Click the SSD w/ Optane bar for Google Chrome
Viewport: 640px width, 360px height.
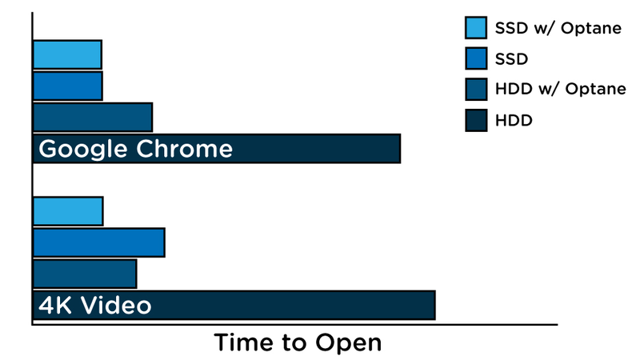coord(67,54)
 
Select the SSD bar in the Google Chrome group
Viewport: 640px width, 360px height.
coord(68,86)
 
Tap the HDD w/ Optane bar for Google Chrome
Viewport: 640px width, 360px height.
coord(93,117)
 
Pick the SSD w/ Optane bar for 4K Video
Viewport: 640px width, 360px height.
coord(68,211)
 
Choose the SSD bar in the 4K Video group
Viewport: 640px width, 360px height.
coord(99,242)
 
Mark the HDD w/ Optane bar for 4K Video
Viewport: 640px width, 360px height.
coord(85,274)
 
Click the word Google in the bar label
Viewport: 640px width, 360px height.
coord(83,150)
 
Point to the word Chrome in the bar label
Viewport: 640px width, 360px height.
coord(185,149)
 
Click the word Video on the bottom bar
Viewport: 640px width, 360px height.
coord(116,306)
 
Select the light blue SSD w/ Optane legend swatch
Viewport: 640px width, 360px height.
coord(476,28)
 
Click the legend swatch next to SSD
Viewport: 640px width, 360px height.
coord(476,58)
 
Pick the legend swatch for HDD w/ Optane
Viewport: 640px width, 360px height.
coord(476,90)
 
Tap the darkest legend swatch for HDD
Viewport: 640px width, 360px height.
coord(476,121)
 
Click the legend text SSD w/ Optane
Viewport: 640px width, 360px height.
coord(558,28)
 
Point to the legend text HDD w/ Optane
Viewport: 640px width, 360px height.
coord(561,89)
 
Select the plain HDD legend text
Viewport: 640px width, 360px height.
coord(514,121)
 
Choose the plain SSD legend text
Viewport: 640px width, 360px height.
coord(511,59)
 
